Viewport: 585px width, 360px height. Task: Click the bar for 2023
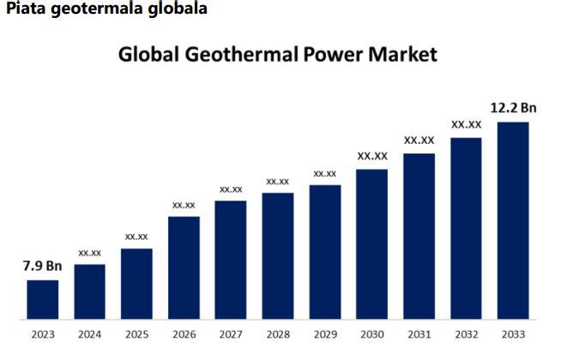tap(43, 299)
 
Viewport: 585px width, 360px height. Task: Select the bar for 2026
tap(184, 267)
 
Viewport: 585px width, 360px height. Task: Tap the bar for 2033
tap(513, 220)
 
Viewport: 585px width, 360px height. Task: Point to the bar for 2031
tap(419, 236)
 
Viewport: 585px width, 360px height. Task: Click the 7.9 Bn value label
tap(42, 266)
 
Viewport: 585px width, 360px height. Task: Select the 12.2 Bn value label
tap(513, 107)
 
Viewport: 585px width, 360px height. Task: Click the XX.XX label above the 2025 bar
tap(136, 236)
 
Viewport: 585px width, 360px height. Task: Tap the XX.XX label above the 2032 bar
tap(467, 124)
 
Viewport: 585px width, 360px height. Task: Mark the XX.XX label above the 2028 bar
tap(278, 181)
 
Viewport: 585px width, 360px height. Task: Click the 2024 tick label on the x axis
tap(89, 334)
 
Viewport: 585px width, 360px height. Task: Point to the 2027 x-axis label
tap(231, 334)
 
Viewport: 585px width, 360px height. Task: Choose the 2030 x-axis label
tap(372, 334)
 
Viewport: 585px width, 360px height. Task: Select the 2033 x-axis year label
tap(513, 334)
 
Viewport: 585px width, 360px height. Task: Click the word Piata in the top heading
tap(27, 9)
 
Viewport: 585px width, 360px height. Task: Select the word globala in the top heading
tap(177, 9)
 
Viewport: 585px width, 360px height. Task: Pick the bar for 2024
tap(89, 291)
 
